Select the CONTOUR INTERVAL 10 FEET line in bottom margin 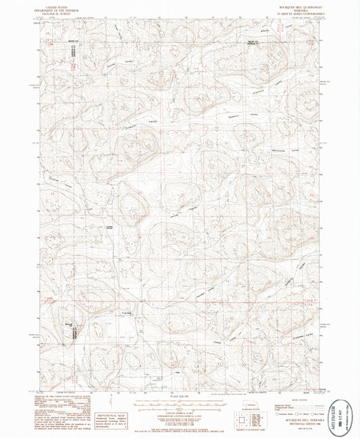180,414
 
